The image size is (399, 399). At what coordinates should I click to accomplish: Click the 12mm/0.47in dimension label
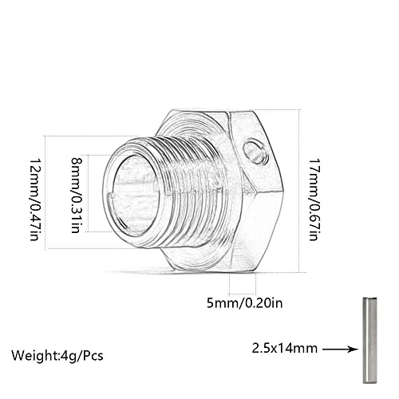point(34,199)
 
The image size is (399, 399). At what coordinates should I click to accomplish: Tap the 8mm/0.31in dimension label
point(76,196)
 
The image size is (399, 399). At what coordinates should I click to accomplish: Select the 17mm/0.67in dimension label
point(314,199)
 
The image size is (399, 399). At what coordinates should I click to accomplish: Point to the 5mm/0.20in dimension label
point(245,303)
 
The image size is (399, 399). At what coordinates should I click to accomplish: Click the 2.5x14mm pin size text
point(285,348)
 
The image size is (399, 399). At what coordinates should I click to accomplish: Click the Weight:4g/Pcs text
point(57,356)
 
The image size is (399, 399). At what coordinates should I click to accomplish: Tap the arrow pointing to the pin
point(341,349)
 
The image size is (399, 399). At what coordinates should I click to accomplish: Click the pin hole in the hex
point(255,152)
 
